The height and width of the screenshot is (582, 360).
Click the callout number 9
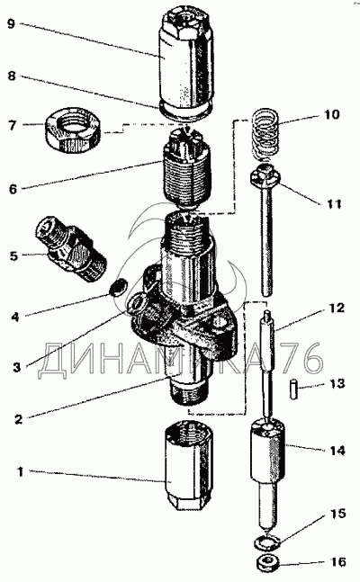tap(12, 24)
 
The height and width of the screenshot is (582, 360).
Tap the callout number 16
tap(338, 561)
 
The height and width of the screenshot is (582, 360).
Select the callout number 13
tap(337, 383)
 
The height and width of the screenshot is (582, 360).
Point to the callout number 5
tap(13, 255)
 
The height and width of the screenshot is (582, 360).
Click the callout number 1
tap(21, 472)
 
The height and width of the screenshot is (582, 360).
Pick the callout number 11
tap(333, 203)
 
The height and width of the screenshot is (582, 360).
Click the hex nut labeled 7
tap(72, 130)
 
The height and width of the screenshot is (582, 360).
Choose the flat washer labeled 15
tap(267, 543)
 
